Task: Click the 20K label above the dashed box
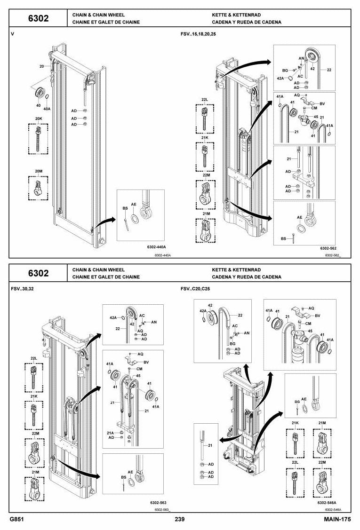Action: [x=39, y=119]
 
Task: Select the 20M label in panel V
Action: [x=39, y=171]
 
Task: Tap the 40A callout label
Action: [x=47, y=109]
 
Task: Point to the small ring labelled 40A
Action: [x=47, y=98]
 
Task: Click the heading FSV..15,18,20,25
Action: [x=198, y=34]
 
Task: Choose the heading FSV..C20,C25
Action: [x=195, y=289]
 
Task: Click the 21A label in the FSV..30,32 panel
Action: [x=110, y=433]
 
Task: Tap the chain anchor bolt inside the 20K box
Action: [x=38, y=139]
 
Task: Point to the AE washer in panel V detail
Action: [x=134, y=218]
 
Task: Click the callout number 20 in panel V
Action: [x=41, y=66]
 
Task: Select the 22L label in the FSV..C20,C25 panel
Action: [x=295, y=462]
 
